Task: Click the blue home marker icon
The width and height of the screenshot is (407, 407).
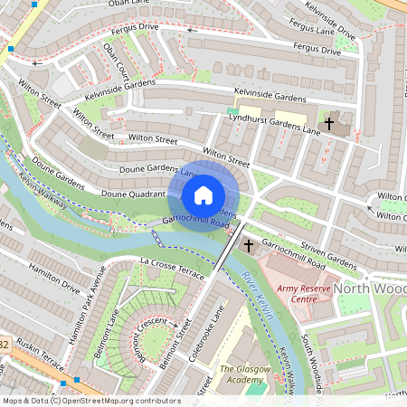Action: click(203, 194)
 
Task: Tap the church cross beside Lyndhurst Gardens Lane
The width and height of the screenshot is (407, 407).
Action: click(329, 122)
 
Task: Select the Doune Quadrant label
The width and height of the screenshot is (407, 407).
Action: click(131, 194)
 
